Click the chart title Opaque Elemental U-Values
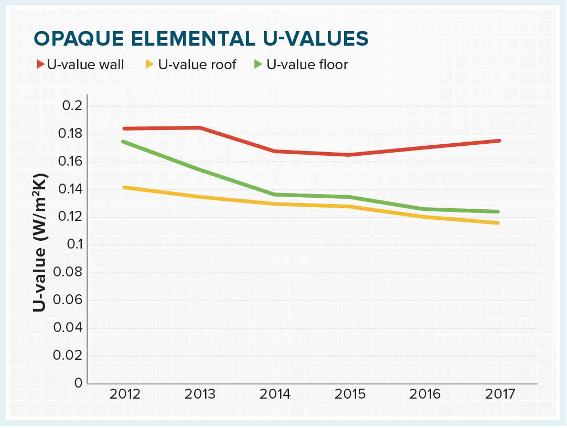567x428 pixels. pos(201,39)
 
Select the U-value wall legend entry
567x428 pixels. pos(85,65)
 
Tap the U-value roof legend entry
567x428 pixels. pos(197,65)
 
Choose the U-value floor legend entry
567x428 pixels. pos(307,65)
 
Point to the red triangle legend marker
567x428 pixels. pos(40,65)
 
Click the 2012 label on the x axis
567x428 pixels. pos(125,394)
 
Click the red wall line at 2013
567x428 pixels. pos(199,127)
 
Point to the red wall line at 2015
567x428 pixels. pos(348,155)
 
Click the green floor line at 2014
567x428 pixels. pos(274,195)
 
